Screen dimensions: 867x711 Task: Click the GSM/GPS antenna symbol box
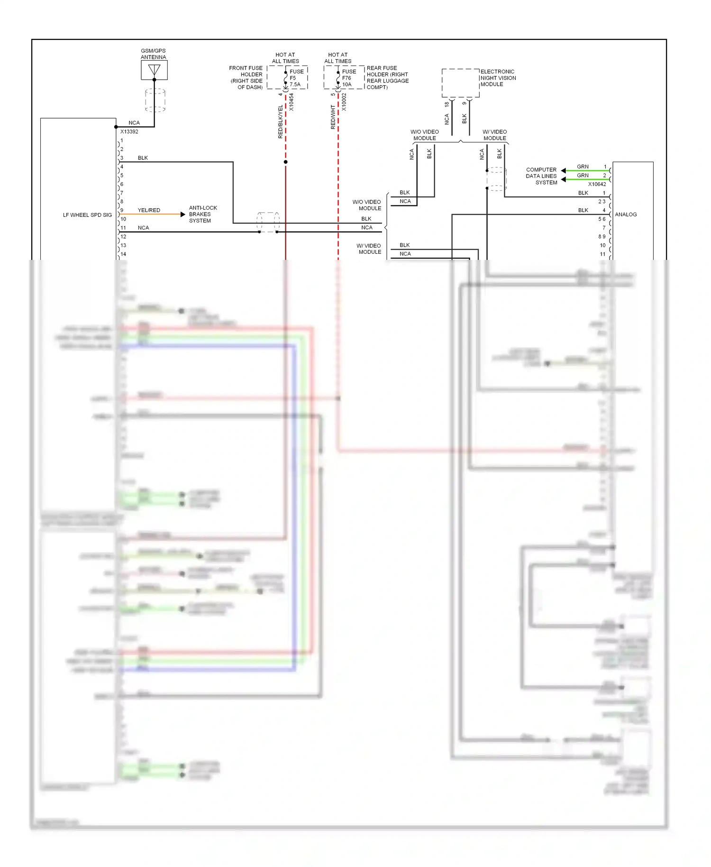point(154,70)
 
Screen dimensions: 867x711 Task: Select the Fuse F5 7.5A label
point(296,78)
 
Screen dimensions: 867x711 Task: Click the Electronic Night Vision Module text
point(498,78)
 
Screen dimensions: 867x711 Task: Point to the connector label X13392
point(129,132)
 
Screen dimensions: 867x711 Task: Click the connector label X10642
point(597,184)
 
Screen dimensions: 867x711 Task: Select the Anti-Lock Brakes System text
point(203,214)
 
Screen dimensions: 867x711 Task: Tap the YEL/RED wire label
point(149,210)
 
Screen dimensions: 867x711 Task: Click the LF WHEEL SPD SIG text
point(87,215)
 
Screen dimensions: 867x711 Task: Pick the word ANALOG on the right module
point(626,214)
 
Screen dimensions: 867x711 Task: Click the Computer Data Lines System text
point(541,176)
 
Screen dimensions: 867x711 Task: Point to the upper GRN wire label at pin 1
point(583,166)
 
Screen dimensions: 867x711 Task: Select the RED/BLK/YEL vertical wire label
point(280,122)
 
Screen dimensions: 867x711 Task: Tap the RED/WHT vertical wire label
point(333,117)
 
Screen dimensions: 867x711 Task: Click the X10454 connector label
point(292,102)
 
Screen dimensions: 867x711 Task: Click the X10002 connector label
point(344,102)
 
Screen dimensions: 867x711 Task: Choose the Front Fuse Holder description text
point(246,78)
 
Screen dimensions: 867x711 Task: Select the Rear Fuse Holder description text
point(387,78)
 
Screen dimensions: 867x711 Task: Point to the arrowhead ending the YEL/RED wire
point(183,214)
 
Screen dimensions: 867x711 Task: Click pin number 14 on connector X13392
point(123,254)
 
